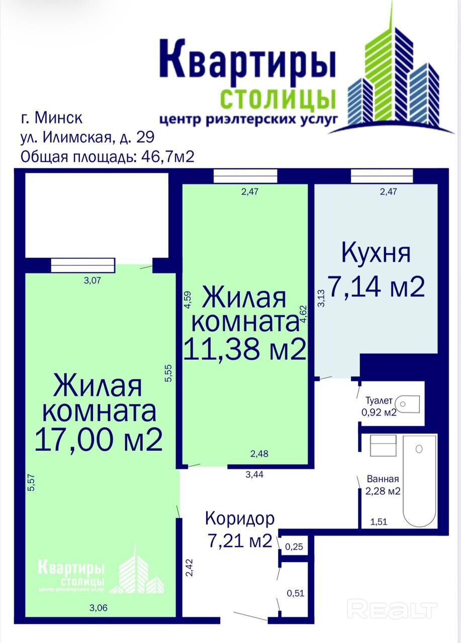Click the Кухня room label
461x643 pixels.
(376, 253)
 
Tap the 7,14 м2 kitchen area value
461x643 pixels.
(377, 286)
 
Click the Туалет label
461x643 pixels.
(379, 400)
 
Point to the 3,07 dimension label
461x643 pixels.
(92, 280)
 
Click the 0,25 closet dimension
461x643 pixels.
(294, 547)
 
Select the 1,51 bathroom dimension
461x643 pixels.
(379, 521)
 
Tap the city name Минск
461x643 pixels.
(58, 118)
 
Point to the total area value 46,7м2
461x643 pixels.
(168, 156)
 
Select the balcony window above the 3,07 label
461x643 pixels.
(83, 265)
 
